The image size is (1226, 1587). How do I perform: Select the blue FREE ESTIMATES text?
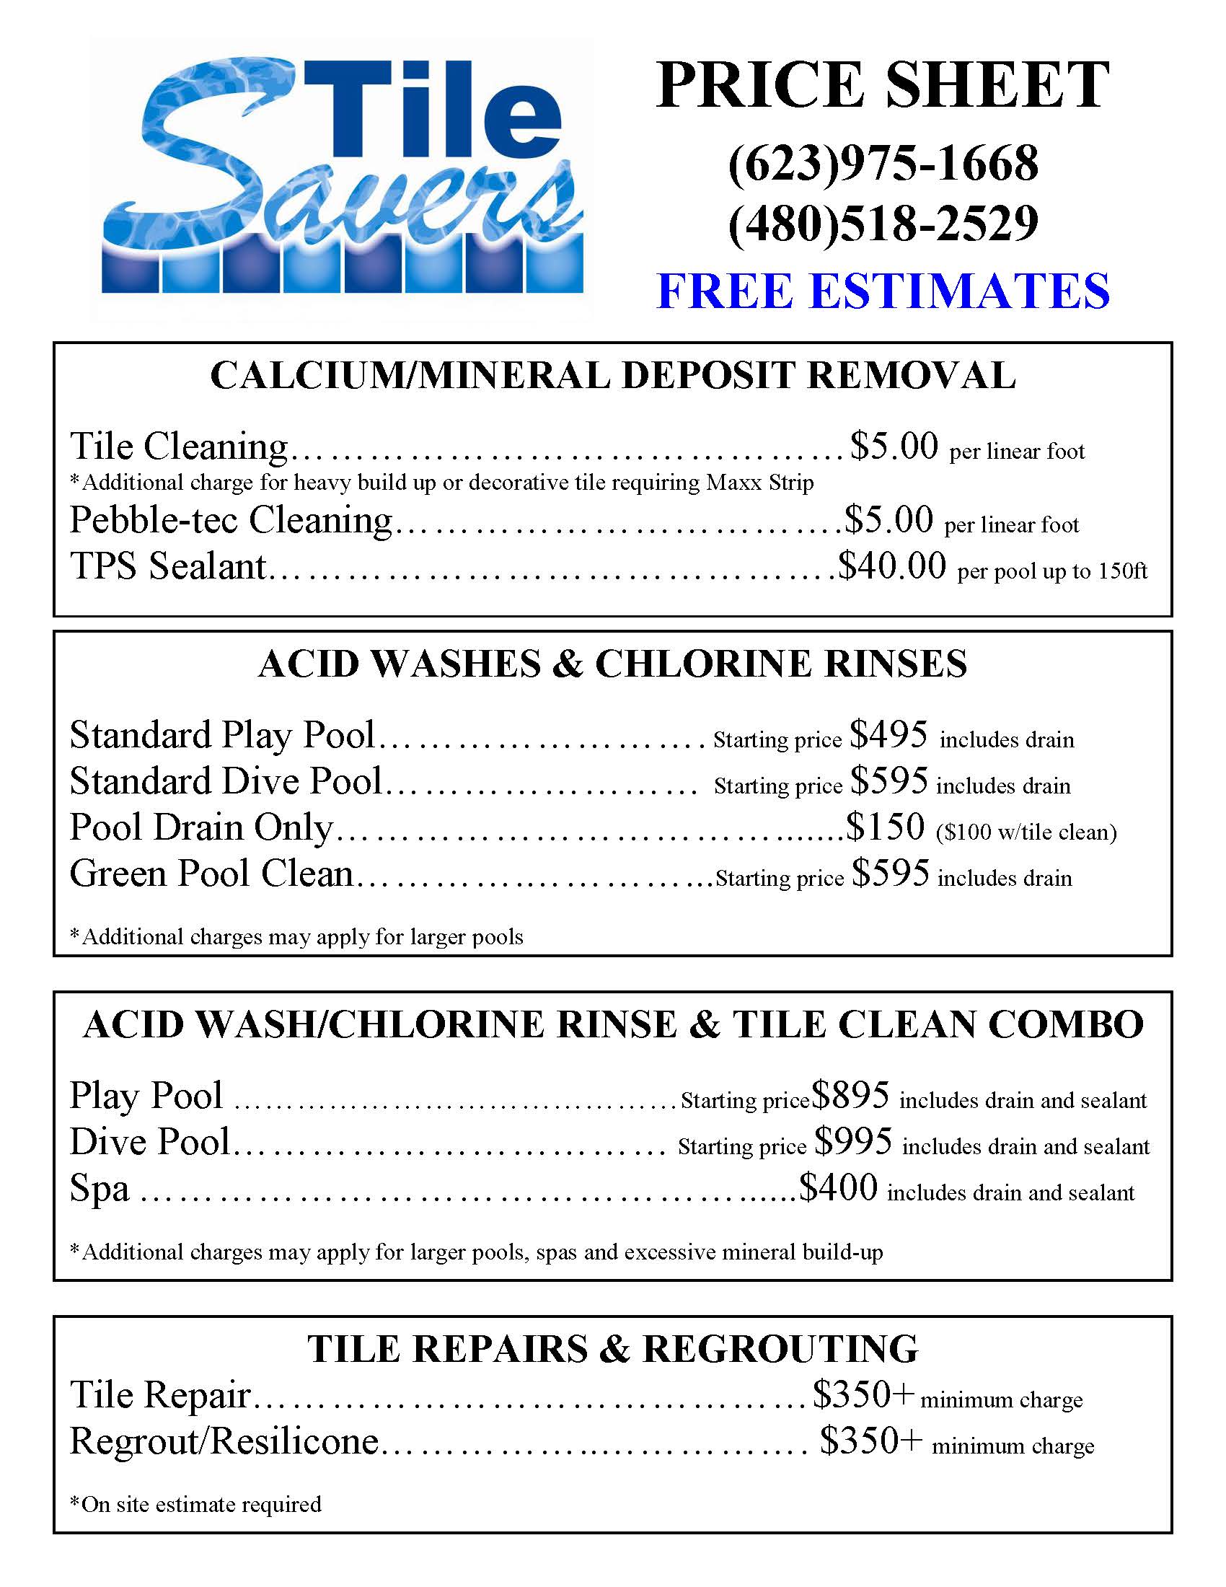(883, 291)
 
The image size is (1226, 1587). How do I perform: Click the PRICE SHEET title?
(883, 85)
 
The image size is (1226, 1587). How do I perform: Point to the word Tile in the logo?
(436, 109)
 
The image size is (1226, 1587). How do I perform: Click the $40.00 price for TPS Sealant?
(892, 566)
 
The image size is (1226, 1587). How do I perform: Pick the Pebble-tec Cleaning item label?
(231, 520)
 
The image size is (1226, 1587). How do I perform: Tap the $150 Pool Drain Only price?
(886, 827)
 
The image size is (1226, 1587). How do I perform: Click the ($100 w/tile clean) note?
(1026, 831)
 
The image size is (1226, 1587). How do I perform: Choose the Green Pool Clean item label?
(211, 874)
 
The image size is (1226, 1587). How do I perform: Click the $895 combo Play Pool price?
(850, 1095)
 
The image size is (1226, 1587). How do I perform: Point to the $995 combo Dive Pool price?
(852, 1142)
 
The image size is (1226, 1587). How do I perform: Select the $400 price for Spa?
(838, 1187)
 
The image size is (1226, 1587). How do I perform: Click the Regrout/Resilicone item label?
(224, 1441)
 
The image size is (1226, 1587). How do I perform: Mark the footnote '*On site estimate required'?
(195, 1504)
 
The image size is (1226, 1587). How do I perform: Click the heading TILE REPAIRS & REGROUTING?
(613, 1349)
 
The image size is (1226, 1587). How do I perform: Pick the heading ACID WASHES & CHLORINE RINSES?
(613, 664)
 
